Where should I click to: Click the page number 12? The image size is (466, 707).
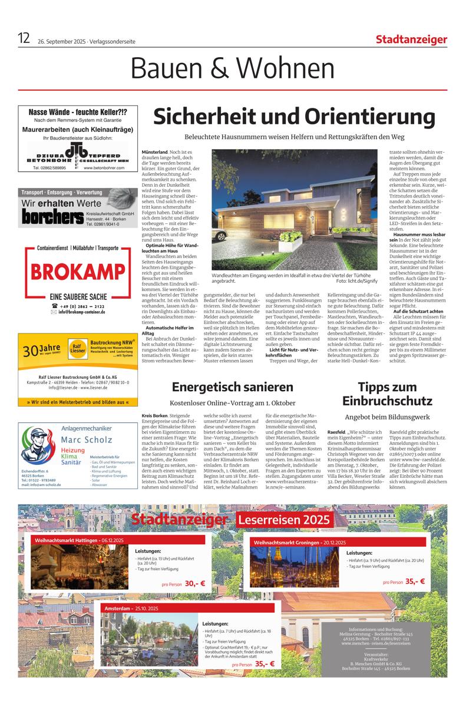point(24,39)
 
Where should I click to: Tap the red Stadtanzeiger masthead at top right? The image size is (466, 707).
point(411,39)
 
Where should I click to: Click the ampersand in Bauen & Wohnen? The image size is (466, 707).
point(216,70)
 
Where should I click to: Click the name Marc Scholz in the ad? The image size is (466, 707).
point(87,440)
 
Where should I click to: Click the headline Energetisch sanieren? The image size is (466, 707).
point(232,387)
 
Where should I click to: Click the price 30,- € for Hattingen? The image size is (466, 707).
point(195,583)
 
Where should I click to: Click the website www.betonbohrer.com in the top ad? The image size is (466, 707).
point(104,168)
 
